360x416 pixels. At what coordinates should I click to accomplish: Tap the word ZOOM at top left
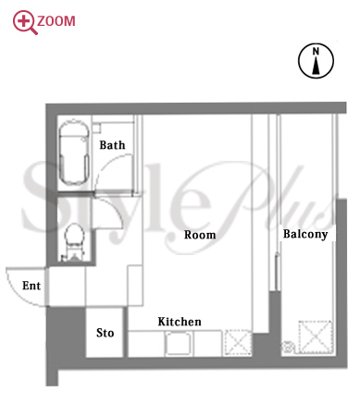(56, 21)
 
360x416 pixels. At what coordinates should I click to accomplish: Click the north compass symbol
(316, 60)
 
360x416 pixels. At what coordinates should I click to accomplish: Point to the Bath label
(112, 145)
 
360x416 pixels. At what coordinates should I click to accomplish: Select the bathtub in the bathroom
(74, 153)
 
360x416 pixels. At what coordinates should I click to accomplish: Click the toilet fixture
(74, 242)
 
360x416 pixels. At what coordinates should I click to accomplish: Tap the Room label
(200, 235)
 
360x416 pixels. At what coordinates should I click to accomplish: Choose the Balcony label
(305, 234)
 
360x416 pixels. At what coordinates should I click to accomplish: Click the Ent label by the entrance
(31, 286)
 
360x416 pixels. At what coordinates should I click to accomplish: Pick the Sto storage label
(106, 333)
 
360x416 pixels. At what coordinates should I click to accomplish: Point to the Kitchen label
(180, 322)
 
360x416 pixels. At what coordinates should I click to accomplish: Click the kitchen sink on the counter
(179, 344)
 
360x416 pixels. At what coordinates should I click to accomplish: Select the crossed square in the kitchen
(238, 343)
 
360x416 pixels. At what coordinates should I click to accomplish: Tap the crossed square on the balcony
(315, 337)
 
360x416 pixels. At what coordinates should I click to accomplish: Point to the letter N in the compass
(316, 51)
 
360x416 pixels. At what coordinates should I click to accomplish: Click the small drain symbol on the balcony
(288, 347)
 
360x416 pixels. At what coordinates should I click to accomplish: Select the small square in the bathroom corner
(96, 128)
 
